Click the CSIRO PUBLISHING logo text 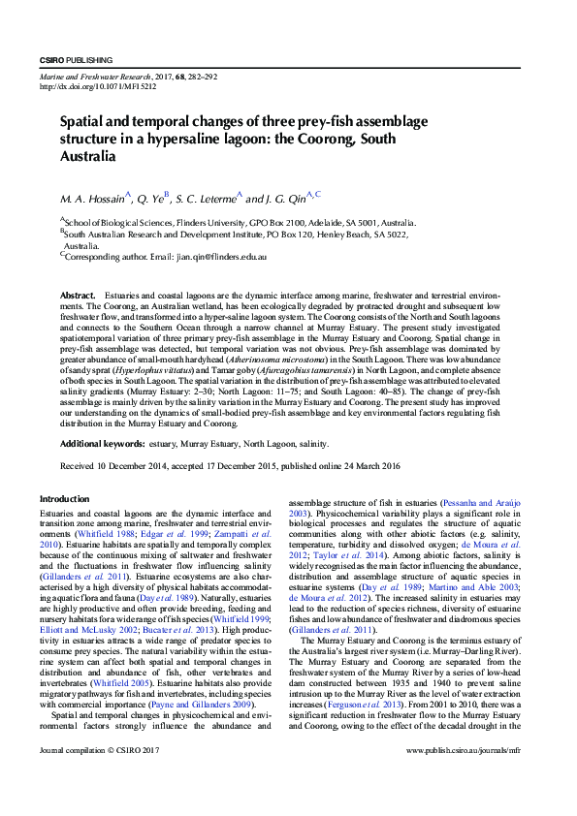pyautogui.click(x=77, y=60)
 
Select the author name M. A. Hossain pyautogui.click(x=93, y=199)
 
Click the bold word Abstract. pyautogui.click(x=78, y=294)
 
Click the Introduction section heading pyautogui.click(x=64, y=499)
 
